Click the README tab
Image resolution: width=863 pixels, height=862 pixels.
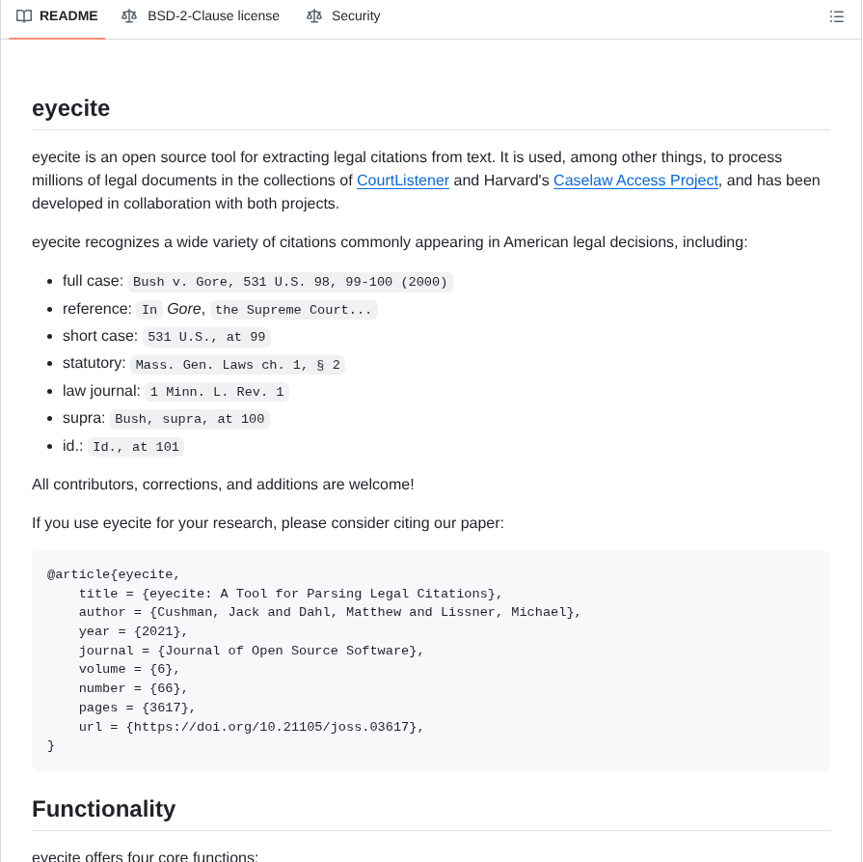[x=67, y=16]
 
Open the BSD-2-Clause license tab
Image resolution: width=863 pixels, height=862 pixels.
[x=212, y=16]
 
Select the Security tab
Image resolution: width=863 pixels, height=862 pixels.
[x=355, y=16]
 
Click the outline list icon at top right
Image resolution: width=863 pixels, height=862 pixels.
[x=836, y=16]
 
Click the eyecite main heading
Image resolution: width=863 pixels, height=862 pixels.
[x=70, y=108]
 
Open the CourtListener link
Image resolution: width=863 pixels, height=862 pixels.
[x=402, y=181]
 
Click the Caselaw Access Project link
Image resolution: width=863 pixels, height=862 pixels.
[x=635, y=181]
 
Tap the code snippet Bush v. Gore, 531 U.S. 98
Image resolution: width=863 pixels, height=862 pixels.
[x=290, y=282]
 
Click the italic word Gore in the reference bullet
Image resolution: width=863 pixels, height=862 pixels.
[x=184, y=309]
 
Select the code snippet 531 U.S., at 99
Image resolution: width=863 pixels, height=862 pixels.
[x=206, y=337]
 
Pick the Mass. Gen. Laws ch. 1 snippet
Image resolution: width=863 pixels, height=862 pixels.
[x=237, y=365]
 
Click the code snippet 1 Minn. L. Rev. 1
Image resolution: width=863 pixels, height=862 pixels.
[x=217, y=392]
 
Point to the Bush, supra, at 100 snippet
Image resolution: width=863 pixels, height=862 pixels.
[x=189, y=419]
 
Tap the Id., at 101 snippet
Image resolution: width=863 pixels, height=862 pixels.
[x=136, y=447]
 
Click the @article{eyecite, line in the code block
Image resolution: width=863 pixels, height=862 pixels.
[x=114, y=574]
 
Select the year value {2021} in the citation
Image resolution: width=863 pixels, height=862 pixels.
[x=161, y=631]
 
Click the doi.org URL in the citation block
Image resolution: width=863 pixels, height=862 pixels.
[x=275, y=727]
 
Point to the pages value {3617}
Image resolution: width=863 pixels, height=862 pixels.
[x=169, y=708]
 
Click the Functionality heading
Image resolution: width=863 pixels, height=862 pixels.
[x=103, y=809]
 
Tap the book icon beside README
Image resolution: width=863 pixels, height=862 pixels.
[x=24, y=16]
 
